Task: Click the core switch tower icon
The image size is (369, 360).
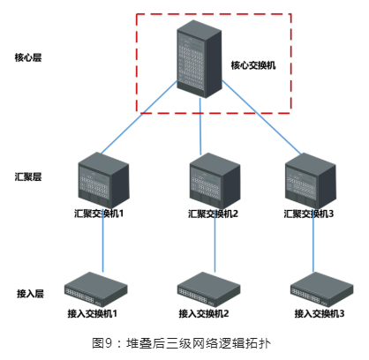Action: click(200, 59)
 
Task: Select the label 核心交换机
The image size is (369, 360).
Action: click(253, 65)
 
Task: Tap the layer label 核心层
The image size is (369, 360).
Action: click(28, 57)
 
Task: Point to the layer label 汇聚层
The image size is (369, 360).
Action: click(28, 176)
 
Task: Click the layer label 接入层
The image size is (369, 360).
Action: click(30, 294)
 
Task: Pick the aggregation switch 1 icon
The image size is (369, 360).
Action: click(103, 179)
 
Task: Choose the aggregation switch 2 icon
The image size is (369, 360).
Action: click(215, 180)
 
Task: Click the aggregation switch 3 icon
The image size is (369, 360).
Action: click(311, 180)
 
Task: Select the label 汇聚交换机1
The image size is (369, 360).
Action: click(99, 214)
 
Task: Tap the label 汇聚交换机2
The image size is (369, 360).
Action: click(213, 214)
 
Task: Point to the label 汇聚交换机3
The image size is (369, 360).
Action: click(309, 214)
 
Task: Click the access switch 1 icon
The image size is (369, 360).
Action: click(96, 289)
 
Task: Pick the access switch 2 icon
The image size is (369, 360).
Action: click(208, 289)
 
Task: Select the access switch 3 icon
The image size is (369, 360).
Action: click(321, 289)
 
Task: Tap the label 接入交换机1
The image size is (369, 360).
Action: click(93, 313)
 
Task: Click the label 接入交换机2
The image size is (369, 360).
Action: click(204, 313)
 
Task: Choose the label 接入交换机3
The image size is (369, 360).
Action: click(320, 313)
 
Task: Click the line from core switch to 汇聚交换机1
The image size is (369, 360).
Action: click(139, 117)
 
